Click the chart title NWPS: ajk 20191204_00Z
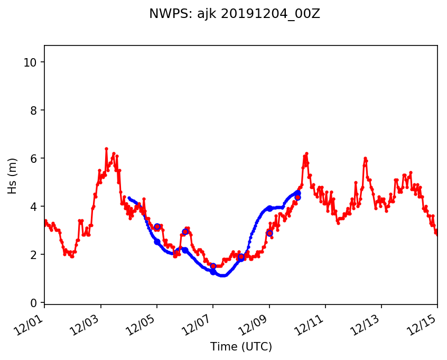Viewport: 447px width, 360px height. click(235, 14)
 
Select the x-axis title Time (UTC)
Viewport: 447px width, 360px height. click(241, 347)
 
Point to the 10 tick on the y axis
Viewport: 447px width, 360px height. click(30, 62)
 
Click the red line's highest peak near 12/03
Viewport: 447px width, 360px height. click(106, 149)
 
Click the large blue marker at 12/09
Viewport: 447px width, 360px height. click(269, 208)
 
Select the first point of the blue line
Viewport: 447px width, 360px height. click(129, 198)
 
